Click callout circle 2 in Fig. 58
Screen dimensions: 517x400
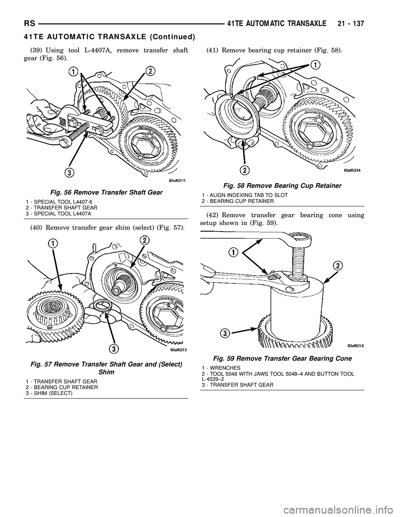coord(245,170)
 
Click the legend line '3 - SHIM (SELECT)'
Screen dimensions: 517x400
coord(49,393)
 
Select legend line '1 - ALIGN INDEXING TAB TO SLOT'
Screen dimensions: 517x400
coord(245,195)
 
